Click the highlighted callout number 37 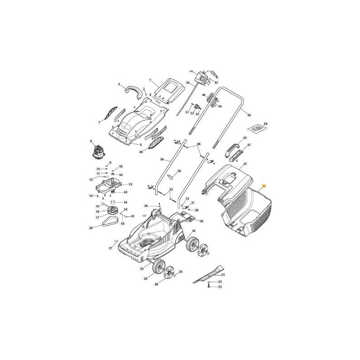[265, 186]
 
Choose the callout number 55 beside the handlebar [250, 116]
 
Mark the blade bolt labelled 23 [209, 286]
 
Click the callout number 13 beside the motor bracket [131, 184]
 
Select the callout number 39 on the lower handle [162, 160]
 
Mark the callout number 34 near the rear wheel [194, 231]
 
